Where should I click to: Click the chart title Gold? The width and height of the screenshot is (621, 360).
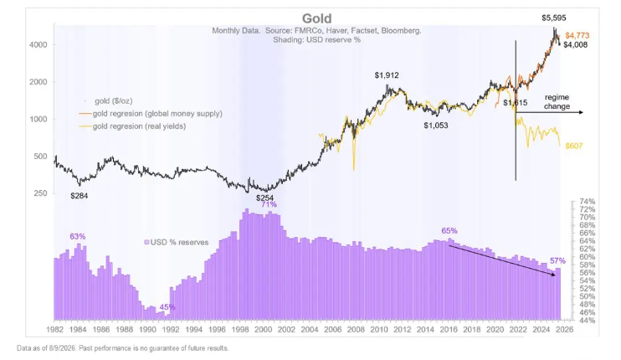(x=316, y=18)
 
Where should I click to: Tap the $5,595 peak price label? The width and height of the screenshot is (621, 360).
(x=554, y=18)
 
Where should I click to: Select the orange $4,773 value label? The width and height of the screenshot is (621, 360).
(x=577, y=35)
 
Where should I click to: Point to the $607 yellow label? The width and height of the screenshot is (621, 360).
(x=574, y=146)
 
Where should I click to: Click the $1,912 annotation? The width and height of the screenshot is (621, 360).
(x=387, y=75)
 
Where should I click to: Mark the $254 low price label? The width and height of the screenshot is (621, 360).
(x=264, y=198)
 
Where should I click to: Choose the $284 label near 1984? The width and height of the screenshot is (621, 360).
(x=80, y=196)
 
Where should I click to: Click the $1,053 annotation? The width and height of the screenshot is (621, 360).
(x=436, y=126)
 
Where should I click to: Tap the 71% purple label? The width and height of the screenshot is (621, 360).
(x=269, y=204)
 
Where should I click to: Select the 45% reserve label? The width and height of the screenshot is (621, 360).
(x=167, y=307)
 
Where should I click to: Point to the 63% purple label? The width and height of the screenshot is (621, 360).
(x=78, y=236)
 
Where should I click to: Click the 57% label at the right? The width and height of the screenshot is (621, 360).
(x=557, y=261)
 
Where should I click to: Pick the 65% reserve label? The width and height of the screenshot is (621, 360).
(x=449, y=231)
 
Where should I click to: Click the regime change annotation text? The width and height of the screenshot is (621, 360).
(x=557, y=102)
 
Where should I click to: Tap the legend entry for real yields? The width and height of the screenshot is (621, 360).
(x=133, y=126)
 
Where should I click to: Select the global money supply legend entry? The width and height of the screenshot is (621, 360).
(x=151, y=114)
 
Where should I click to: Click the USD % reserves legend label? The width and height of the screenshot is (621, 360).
(x=177, y=243)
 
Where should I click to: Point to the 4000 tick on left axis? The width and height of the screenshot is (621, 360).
(x=38, y=44)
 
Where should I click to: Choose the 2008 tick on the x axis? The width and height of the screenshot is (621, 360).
(x=356, y=330)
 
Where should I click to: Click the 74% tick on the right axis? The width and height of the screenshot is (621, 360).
(x=588, y=202)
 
